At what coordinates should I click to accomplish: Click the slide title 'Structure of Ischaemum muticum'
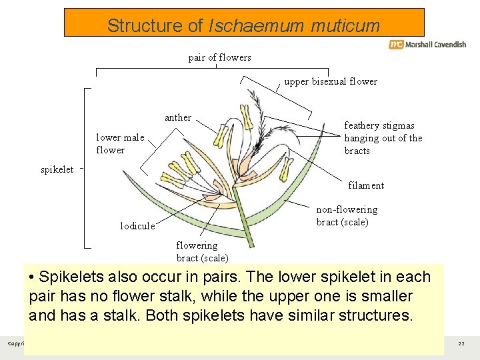pos(243,26)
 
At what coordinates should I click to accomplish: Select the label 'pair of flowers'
pos(220,57)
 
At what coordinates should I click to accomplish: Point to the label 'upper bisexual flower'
pos(331,81)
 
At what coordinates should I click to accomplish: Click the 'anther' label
pos(178,117)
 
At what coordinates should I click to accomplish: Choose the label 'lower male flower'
pos(120,144)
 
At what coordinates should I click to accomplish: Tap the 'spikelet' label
pos(57,169)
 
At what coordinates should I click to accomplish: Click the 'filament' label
pos(366,185)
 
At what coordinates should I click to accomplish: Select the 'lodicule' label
pos(137,226)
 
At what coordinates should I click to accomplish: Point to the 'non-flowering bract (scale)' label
pos(347,216)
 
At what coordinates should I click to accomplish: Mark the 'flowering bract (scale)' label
pos(202,251)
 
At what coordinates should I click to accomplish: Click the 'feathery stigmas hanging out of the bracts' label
pos(383,138)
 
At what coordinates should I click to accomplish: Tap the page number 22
pos(461,343)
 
